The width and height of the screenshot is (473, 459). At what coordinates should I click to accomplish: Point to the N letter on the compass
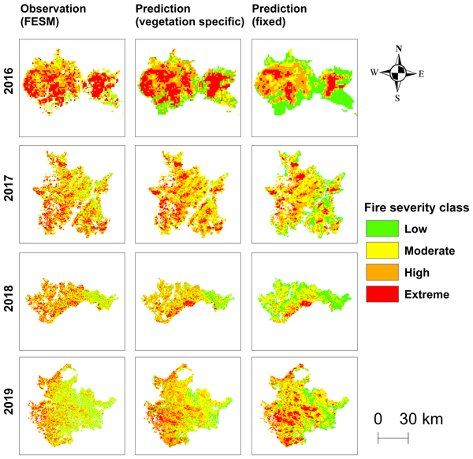[x=399, y=49]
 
